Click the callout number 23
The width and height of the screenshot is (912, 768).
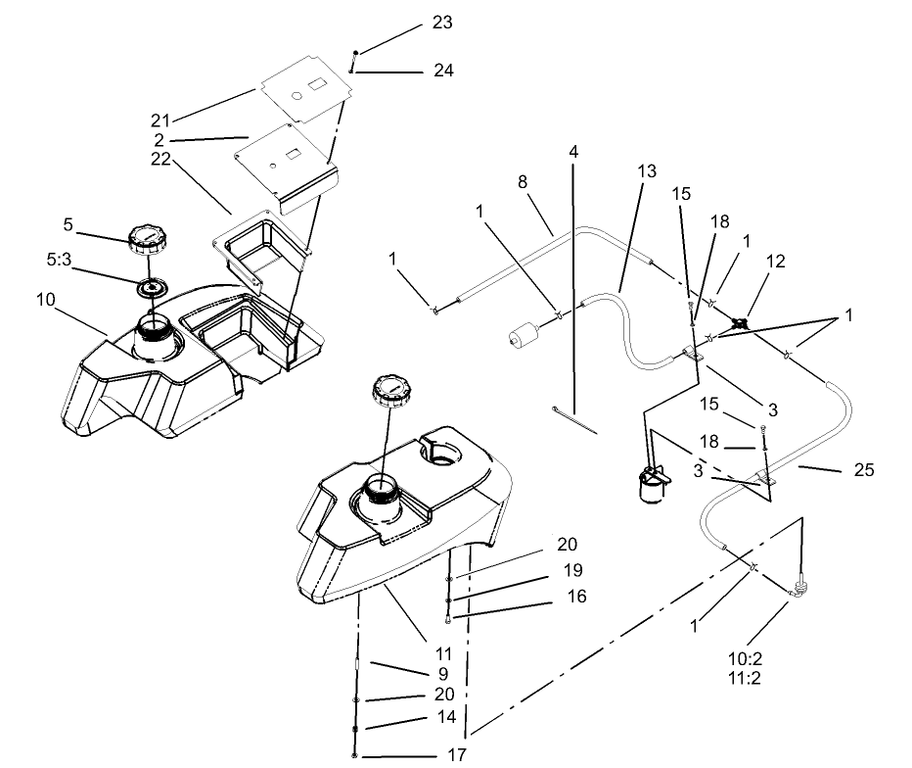coord(441,23)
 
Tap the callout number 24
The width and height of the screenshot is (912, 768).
coord(443,71)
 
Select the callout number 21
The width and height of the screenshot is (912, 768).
coord(160,120)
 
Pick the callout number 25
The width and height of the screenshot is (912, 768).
coord(863,470)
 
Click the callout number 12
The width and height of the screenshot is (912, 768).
coord(775,262)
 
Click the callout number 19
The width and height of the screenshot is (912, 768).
coord(570,569)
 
